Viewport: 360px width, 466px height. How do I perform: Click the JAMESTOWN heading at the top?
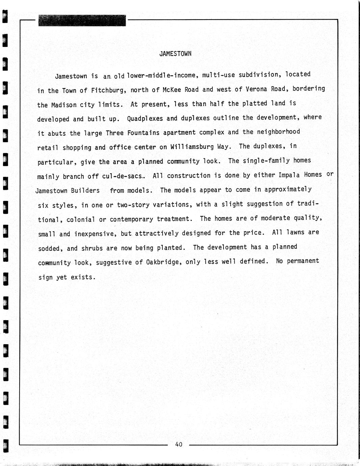(x=175, y=54)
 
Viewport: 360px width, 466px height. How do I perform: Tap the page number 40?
(x=179, y=444)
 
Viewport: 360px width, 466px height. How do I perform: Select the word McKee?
(x=172, y=90)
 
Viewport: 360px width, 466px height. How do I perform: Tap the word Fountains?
(x=143, y=133)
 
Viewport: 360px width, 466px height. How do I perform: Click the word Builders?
(x=85, y=191)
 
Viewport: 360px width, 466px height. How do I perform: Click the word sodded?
(x=49, y=249)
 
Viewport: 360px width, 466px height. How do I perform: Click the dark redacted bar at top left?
(x=82, y=21)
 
